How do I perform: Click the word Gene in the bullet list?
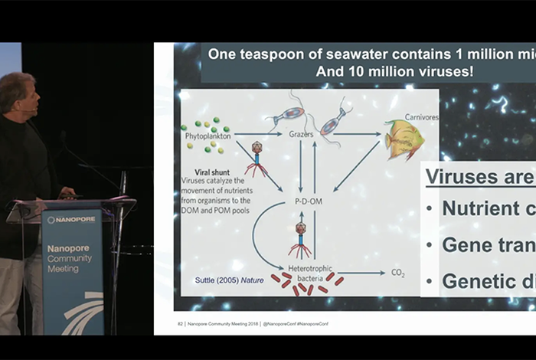pyautogui.click(x=467, y=245)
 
